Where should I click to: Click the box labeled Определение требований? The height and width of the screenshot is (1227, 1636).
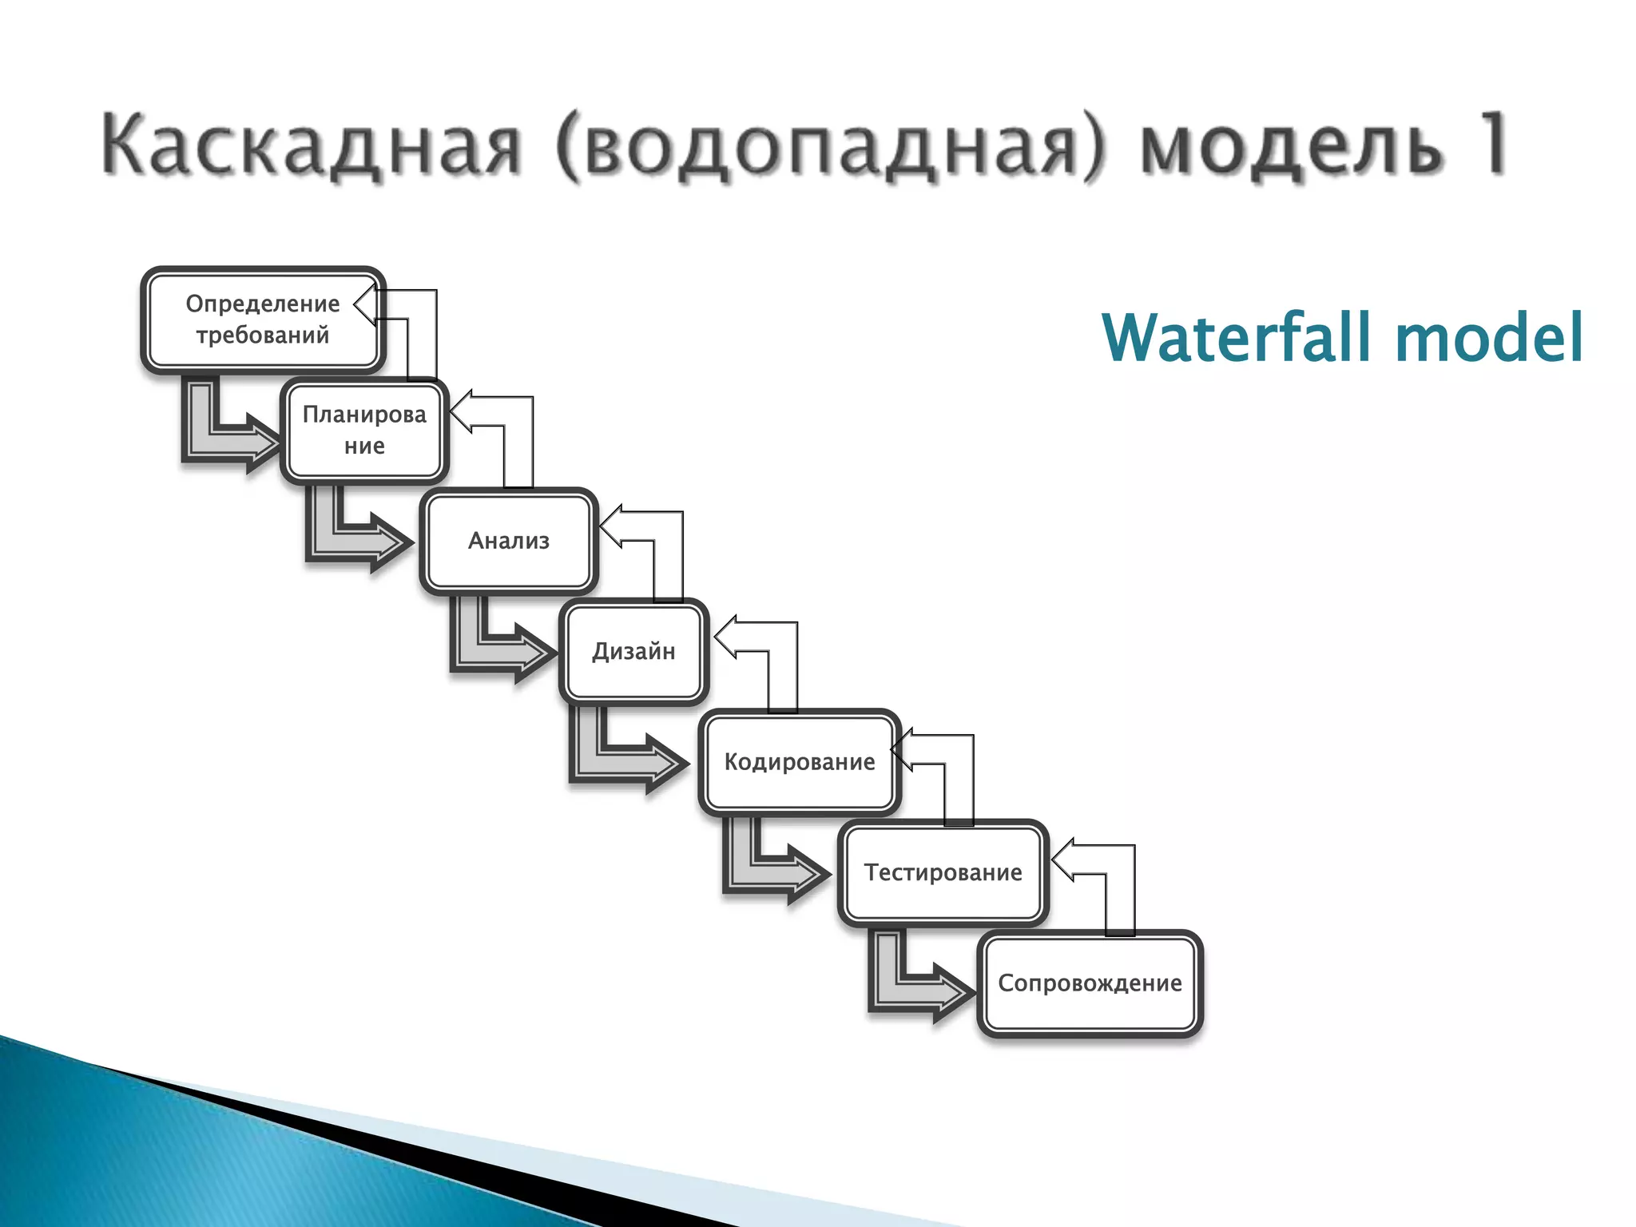[263, 320]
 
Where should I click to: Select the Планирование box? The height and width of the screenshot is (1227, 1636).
[364, 431]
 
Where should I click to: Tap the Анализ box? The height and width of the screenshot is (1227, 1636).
[509, 541]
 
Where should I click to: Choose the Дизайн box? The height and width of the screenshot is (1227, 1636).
[633, 652]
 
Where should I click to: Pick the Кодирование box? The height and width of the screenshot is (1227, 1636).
[800, 762]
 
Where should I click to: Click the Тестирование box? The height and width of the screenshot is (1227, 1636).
[943, 872]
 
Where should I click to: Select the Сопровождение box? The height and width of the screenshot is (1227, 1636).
[1090, 983]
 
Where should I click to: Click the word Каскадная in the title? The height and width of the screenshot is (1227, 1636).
[312, 145]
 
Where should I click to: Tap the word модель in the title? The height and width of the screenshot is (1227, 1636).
[1290, 147]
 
